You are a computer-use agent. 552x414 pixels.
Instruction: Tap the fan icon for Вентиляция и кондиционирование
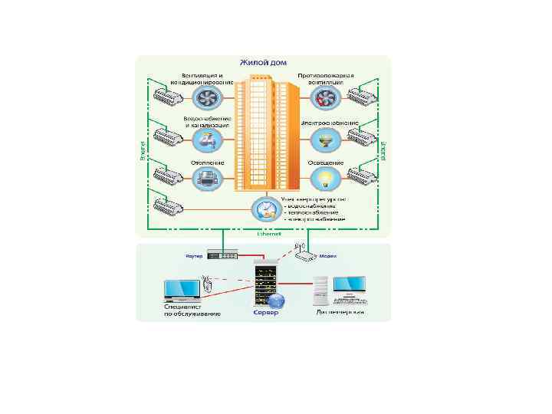[x=205, y=97]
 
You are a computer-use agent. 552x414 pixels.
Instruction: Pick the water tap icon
[x=205, y=139]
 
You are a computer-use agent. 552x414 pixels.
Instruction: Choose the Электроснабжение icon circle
[x=325, y=139]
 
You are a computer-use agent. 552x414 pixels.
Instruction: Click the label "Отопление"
[x=205, y=163]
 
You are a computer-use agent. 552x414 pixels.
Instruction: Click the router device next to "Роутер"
[x=224, y=255]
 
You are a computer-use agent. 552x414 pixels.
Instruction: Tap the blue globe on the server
[x=279, y=301]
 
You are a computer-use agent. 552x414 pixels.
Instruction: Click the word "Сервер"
[x=267, y=314]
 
